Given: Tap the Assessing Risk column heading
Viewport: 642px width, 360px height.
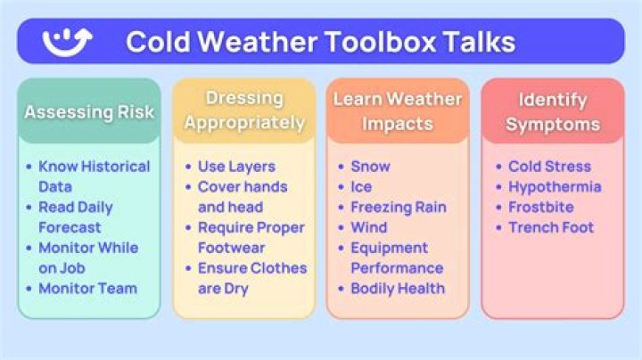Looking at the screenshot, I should pyautogui.click(x=88, y=112).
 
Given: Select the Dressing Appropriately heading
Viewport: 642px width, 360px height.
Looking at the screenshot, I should pyautogui.click(x=243, y=110).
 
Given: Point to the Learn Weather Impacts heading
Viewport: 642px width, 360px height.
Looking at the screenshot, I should pyautogui.click(x=398, y=110).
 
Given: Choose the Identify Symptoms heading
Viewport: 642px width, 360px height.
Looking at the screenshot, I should pyautogui.click(x=552, y=110).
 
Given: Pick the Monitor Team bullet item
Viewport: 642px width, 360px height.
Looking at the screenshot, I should pyautogui.click(x=87, y=288).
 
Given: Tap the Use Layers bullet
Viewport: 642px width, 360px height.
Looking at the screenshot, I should pyautogui.click(x=236, y=167).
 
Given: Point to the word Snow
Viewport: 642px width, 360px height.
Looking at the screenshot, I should pyautogui.click(x=370, y=167).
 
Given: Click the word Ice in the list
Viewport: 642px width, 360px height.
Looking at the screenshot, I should pyautogui.click(x=361, y=187).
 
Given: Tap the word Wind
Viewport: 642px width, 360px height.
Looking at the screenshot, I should pyautogui.click(x=369, y=227).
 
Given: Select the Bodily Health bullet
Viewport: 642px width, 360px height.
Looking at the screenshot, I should pyautogui.click(x=398, y=288).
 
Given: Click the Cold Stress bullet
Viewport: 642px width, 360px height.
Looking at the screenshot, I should pyautogui.click(x=549, y=167).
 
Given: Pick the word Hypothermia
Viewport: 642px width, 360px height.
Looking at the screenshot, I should pyautogui.click(x=555, y=187).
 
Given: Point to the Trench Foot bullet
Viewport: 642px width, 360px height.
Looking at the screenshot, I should pyautogui.click(x=550, y=227).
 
